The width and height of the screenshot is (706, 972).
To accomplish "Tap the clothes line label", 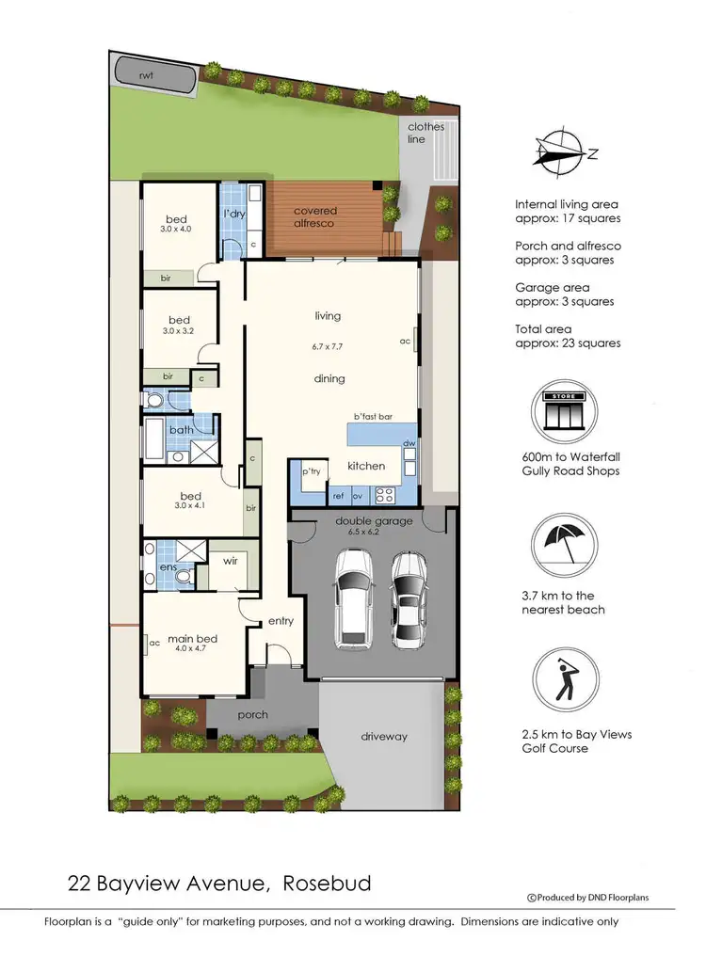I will tap(425, 133).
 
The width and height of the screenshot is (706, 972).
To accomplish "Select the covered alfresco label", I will tap(314, 217).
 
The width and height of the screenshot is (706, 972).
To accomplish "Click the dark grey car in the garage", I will tap(410, 598).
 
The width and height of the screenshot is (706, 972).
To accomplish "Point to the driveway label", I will tap(384, 737).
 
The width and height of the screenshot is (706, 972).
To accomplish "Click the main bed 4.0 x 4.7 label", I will tap(192, 644).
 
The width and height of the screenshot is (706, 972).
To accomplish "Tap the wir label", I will tap(231, 561).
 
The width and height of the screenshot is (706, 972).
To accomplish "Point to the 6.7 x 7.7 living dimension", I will tap(328, 346).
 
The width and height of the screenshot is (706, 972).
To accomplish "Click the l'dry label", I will tap(233, 215).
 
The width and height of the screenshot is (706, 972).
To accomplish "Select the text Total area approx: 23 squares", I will tap(568, 337).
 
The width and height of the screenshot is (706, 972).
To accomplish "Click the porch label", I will tap(252, 715).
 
